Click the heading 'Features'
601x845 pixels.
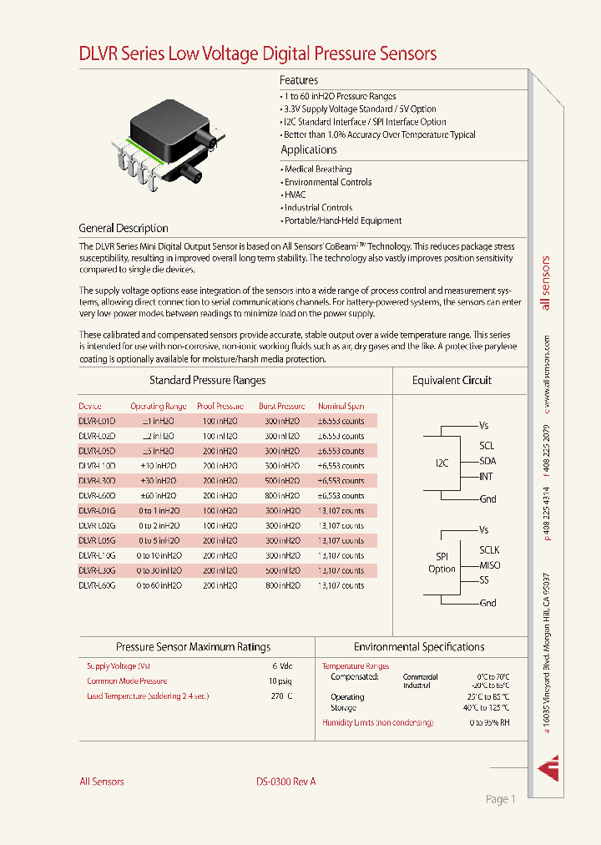tap(299, 80)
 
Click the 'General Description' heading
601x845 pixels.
tap(124, 228)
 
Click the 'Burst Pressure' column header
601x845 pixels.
tap(281, 407)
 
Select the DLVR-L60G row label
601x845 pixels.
tap(97, 586)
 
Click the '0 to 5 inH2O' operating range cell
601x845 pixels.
tap(159, 541)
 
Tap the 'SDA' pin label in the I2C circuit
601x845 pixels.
tap(487, 461)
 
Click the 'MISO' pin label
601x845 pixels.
tap(490, 565)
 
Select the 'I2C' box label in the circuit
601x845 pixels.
tap(442, 462)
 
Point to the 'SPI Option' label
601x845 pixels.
tap(442, 562)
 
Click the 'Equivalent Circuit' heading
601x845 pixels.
tap(452, 380)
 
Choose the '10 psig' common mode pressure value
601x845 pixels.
tap(280, 681)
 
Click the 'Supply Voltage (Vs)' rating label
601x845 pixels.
tap(119, 666)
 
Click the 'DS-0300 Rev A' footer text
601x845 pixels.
tap(285, 782)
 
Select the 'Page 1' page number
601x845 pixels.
tap(500, 799)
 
